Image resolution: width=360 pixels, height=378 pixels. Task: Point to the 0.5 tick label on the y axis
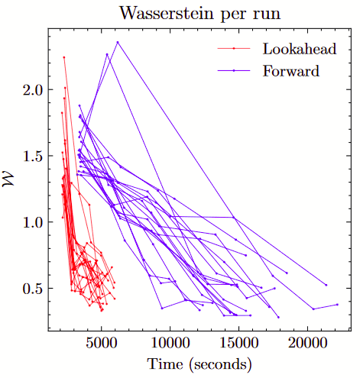pyautogui.click(x=33, y=289)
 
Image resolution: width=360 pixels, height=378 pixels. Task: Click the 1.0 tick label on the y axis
pyautogui.click(x=33, y=222)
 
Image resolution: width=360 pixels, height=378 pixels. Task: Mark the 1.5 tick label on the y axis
pyautogui.click(x=33, y=156)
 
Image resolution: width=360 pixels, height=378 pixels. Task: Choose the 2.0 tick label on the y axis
pyautogui.click(x=33, y=89)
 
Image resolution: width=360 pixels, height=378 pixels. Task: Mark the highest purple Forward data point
pyautogui.click(x=117, y=42)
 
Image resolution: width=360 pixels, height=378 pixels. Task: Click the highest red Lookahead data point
pyautogui.click(x=64, y=57)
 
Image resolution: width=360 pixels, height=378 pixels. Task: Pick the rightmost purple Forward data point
pyautogui.click(x=337, y=305)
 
